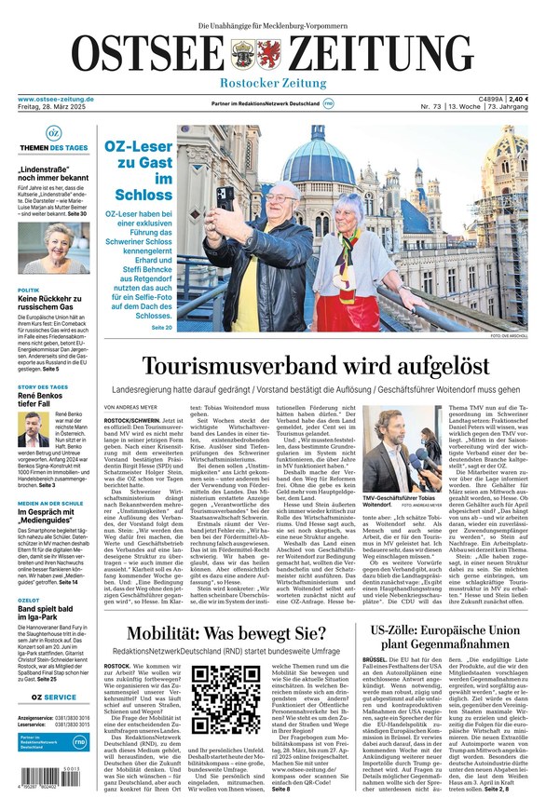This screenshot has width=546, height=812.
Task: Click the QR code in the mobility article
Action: tap(220, 698)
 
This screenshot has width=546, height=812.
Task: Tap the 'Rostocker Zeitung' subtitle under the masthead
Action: tap(272, 84)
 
